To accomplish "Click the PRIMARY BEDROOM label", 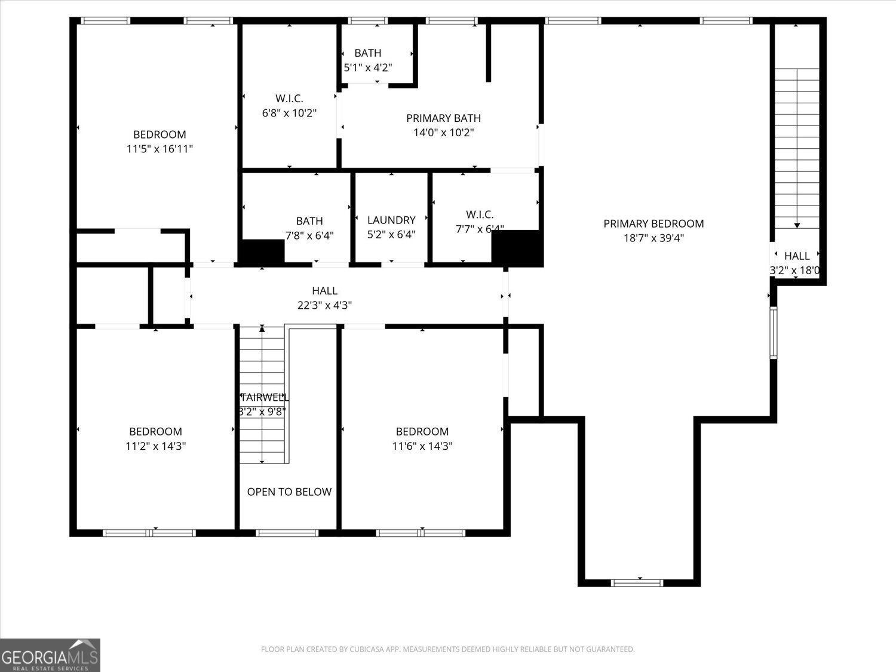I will pyautogui.click(x=653, y=223).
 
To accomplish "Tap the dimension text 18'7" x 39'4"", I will pyautogui.click(x=653, y=238).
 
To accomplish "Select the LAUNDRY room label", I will pyautogui.click(x=391, y=220).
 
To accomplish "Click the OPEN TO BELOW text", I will pyautogui.click(x=289, y=492).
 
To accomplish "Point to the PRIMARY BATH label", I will pyautogui.click(x=443, y=118).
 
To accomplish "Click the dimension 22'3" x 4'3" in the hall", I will pyautogui.click(x=324, y=305).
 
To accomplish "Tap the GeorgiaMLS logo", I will pyautogui.click(x=50, y=655).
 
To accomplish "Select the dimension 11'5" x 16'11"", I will pyautogui.click(x=159, y=149).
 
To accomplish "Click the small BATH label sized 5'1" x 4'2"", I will pyautogui.click(x=367, y=53).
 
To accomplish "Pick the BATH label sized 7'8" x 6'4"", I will pyautogui.click(x=309, y=221).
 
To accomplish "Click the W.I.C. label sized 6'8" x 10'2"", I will pyautogui.click(x=289, y=99).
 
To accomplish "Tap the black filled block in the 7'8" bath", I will pyautogui.click(x=262, y=251).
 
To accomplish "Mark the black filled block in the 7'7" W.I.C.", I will pyautogui.click(x=517, y=248).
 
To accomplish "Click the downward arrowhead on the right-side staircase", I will pyautogui.click(x=797, y=225).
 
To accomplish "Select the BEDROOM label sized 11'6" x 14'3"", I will pyautogui.click(x=422, y=431).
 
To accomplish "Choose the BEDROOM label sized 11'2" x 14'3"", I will pyautogui.click(x=155, y=431).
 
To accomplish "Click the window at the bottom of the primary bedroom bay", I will pyautogui.click(x=638, y=582).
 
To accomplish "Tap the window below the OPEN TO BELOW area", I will pyautogui.click(x=287, y=532).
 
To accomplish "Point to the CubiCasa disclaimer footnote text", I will pyautogui.click(x=447, y=649).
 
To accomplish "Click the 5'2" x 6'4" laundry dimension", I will pyautogui.click(x=391, y=235).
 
